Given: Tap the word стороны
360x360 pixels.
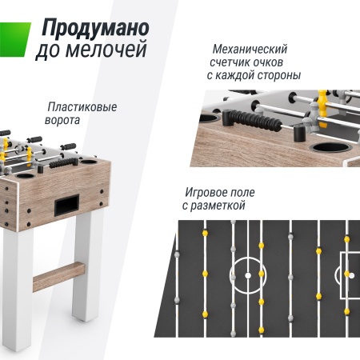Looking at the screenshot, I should click(274, 75).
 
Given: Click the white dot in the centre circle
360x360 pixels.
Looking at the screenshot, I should click(247, 274).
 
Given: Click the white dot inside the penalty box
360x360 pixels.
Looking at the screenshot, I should click(347, 274).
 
